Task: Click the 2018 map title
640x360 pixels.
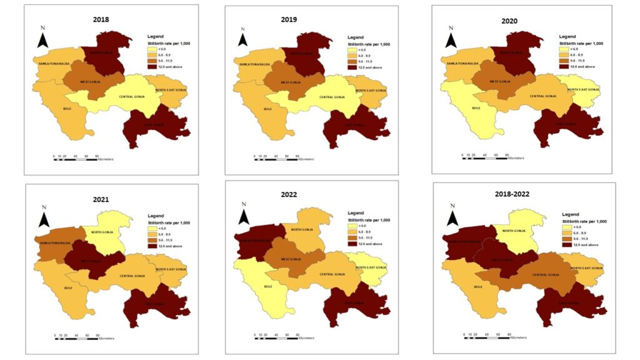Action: click(x=101, y=19)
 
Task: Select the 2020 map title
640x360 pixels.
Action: click(x=511, y=21)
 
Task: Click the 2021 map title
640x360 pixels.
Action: click(x=101, y=200)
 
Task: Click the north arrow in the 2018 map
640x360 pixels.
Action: click(x=42, y=38)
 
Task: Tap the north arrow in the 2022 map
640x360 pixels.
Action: click(x=244, y=216)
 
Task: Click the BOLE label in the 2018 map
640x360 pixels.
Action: click(x=67, y=109)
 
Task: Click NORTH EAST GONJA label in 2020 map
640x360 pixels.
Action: click(x=584, y=89)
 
